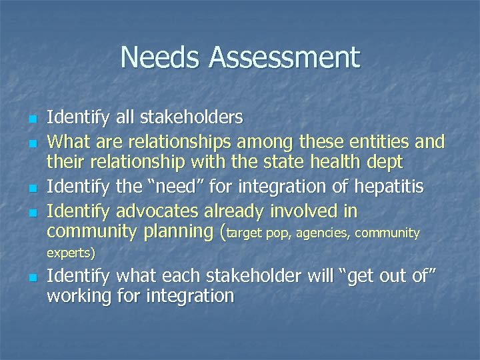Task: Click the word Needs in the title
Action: pos(161,57)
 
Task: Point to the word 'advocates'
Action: pos(155,212)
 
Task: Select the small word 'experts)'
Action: pos(71,253)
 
